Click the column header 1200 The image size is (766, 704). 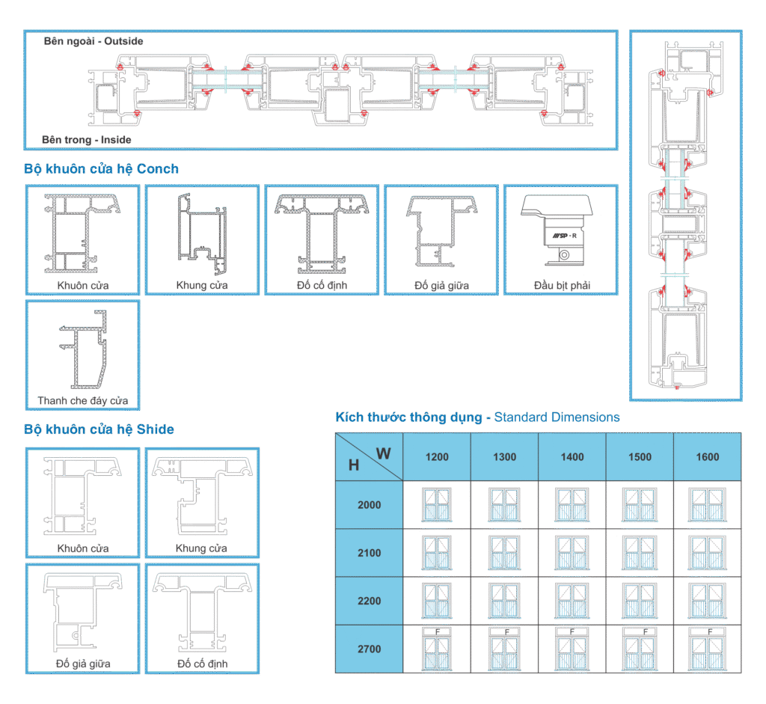tap(437, 457)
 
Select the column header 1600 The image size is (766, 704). tap(707, 457)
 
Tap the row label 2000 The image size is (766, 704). tap(369, 505)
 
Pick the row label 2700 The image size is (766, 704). tap(369, 649)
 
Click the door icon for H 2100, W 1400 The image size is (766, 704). tap(572, 552)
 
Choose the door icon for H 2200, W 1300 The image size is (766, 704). tap(504, 600)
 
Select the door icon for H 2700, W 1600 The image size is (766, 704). tap(707, 648)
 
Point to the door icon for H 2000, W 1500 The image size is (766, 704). tap(640, 504)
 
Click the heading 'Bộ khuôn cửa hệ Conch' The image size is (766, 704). tap(101, 169)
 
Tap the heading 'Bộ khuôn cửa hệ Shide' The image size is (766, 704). tap(99, 429)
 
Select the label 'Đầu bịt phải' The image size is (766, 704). tap(560, 286)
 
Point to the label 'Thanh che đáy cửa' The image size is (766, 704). tap(82, 401)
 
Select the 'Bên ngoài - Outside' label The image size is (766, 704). tap(93, 41)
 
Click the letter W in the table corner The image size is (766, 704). tap(383, 453)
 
